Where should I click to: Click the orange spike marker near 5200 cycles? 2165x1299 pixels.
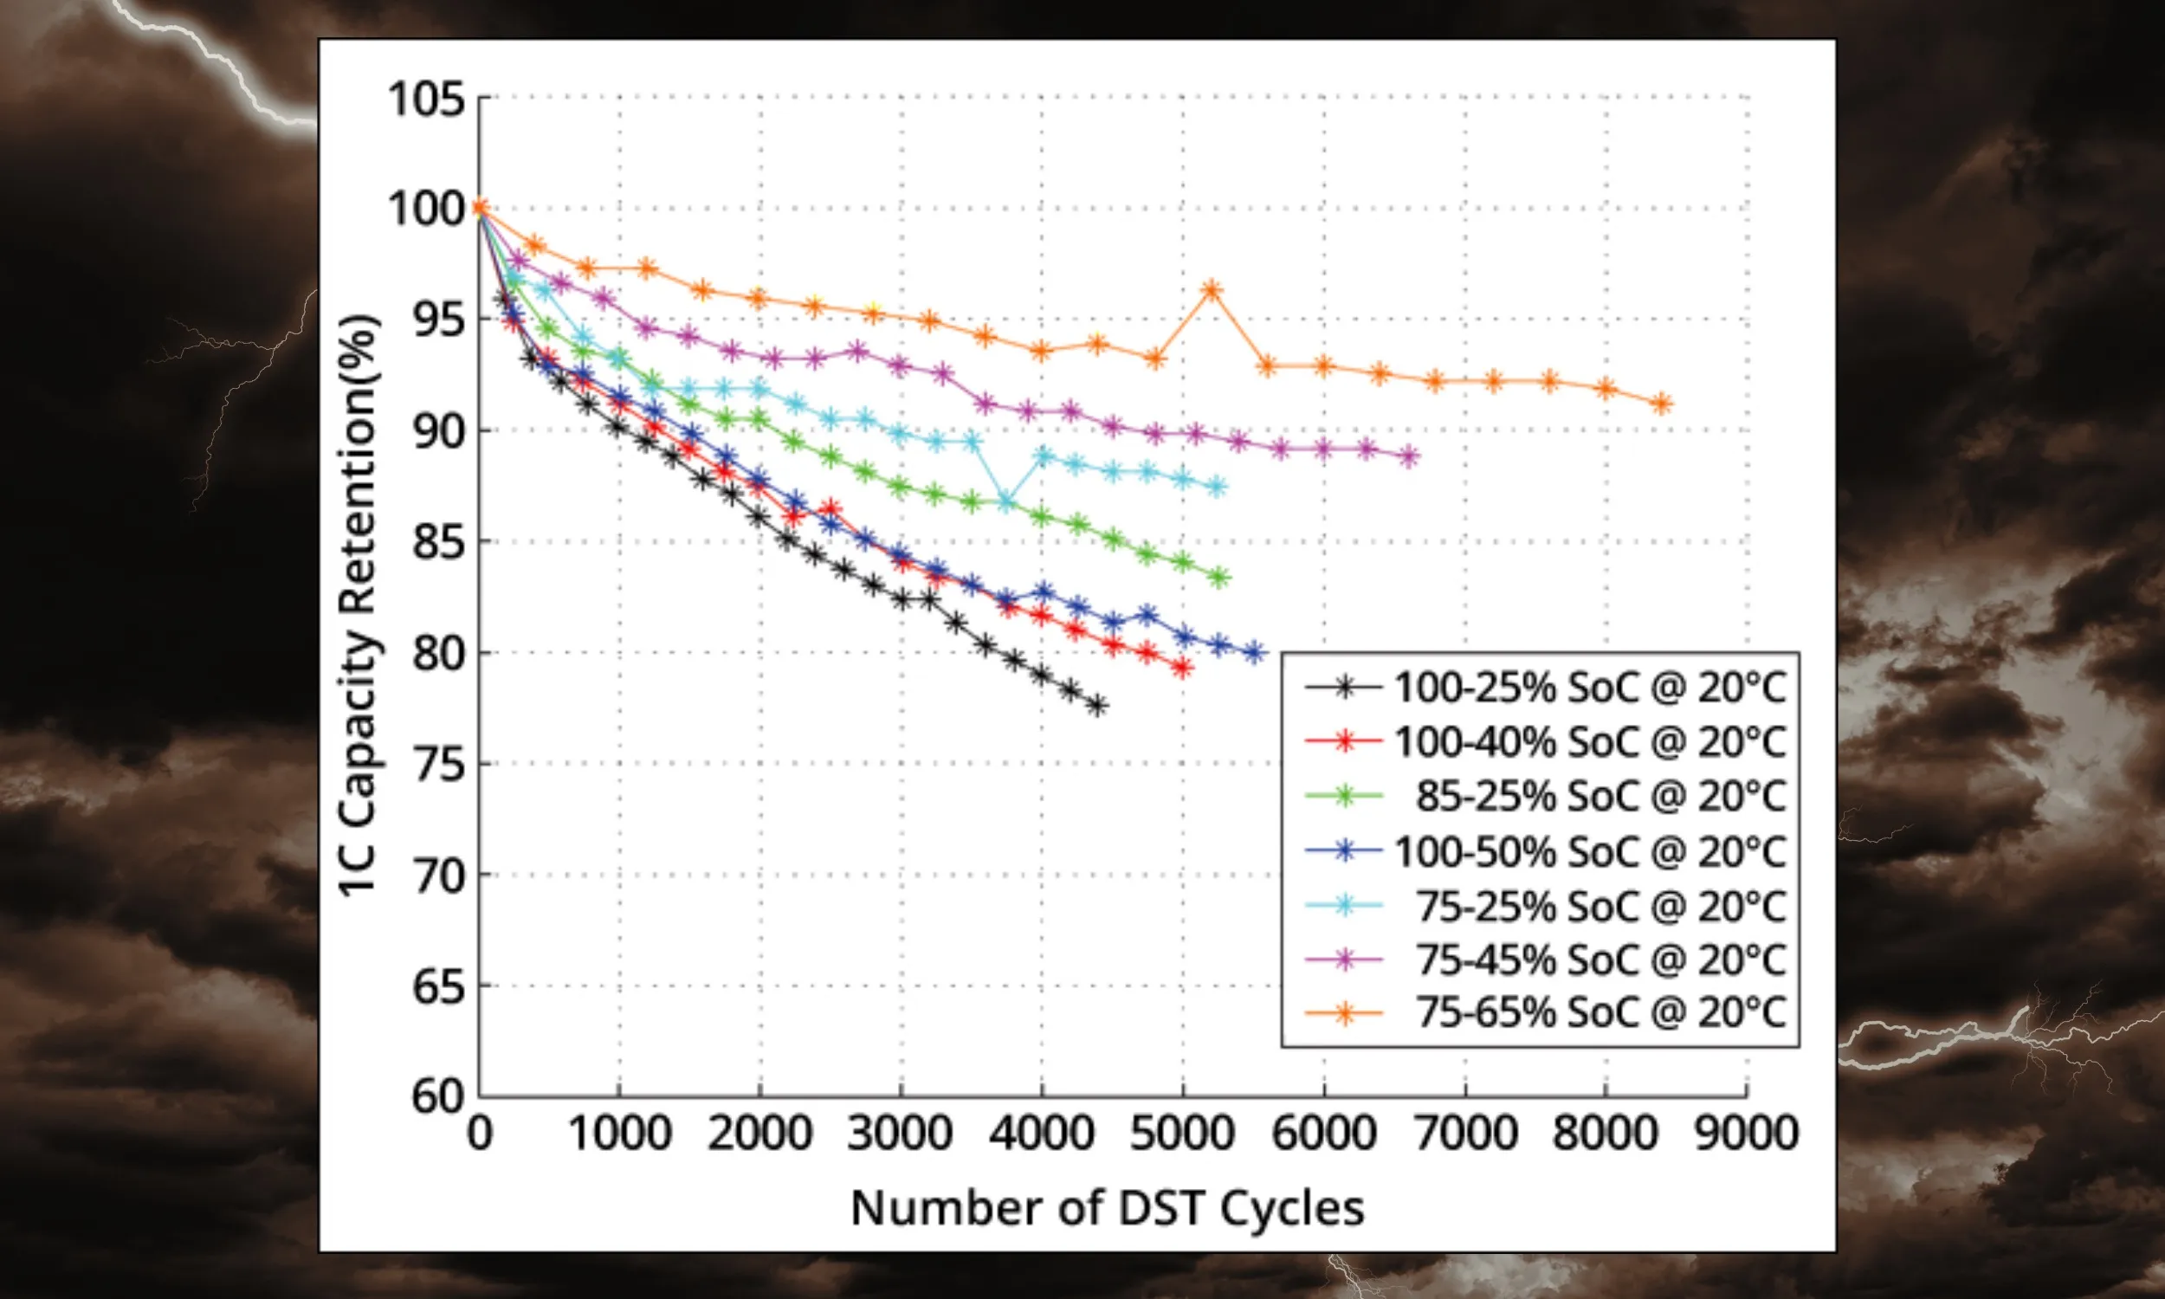1212,290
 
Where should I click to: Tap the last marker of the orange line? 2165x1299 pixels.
1663,404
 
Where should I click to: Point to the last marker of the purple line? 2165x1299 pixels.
1409,456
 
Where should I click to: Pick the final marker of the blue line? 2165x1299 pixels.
1254,652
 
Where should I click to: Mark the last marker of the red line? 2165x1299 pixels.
1183,668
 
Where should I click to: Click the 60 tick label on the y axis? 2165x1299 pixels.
437,1095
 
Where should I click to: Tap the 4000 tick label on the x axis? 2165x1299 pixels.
1042,1133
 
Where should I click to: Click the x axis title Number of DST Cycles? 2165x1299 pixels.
1107,1208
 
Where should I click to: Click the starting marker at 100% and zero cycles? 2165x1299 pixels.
479,209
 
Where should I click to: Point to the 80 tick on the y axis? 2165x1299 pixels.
437,652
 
